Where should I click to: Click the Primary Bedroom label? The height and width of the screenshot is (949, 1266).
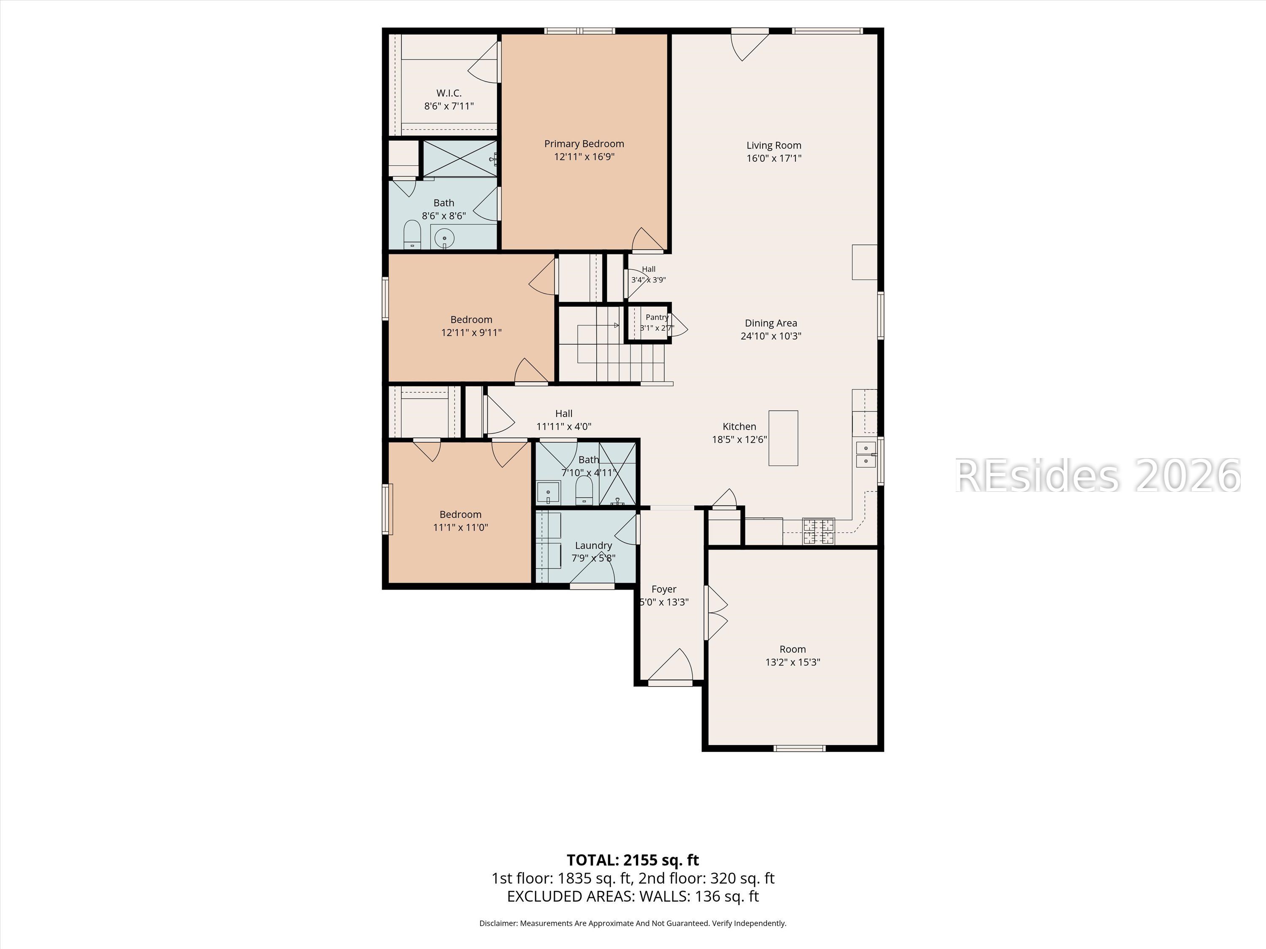click(584, 143)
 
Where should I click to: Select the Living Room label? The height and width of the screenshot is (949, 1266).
click(774, 145)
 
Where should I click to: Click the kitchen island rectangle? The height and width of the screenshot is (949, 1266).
click(783, 438)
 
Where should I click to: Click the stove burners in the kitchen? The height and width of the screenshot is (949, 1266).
click(818, 531)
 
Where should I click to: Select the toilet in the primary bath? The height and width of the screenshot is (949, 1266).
click(412, 235)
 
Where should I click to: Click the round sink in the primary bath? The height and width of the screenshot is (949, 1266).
click(444, 237)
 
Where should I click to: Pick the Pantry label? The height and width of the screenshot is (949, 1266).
click(657, 317)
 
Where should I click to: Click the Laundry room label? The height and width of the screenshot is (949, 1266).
click(593, 546)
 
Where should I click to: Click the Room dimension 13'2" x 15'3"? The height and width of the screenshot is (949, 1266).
click(793, 663)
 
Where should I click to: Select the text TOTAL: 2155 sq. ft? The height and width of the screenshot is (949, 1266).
click(633, 860)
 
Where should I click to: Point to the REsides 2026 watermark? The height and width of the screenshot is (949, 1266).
click(1097, 475)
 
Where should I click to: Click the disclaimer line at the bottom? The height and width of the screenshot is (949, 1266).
click(633, 923)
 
